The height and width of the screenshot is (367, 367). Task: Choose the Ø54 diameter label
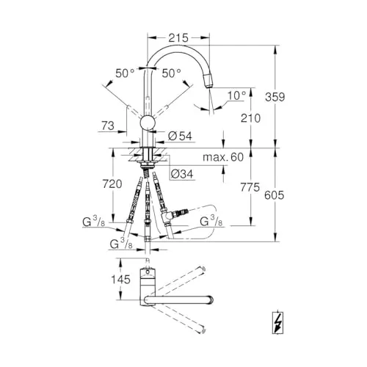(x=180, y=137)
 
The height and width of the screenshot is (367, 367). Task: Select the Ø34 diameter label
(x=182, y=174)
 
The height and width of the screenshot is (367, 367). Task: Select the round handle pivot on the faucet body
(x=148, y=125)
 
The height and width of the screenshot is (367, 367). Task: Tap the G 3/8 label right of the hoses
(x=211, y=221)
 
